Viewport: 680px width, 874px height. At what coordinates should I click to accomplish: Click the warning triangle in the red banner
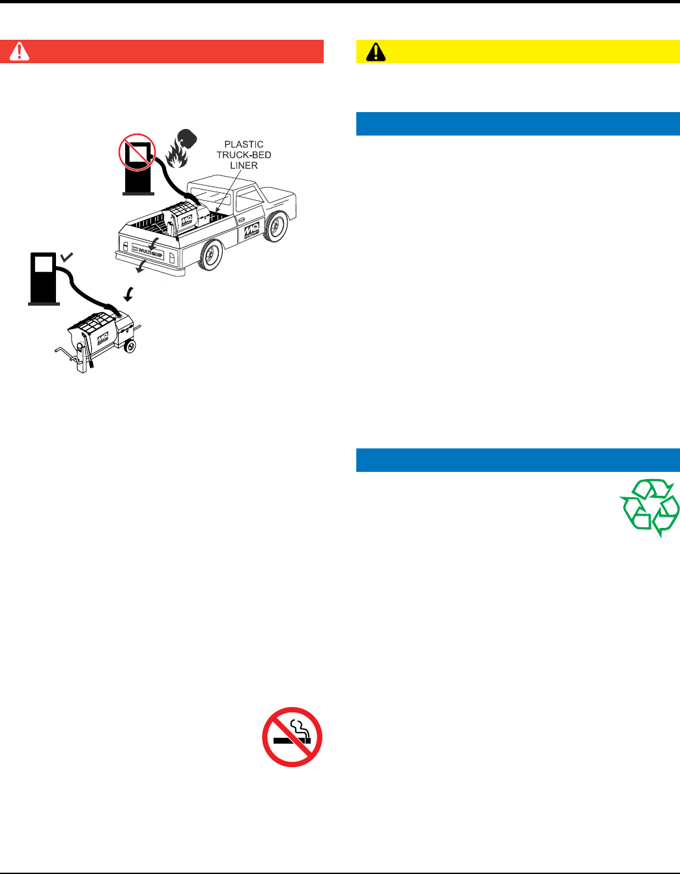(19, 51)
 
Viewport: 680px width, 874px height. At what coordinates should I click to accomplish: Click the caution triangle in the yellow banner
(376, 52)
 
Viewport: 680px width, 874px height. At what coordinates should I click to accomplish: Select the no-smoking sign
(292, 736)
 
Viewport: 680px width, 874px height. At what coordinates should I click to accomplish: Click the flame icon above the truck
(176, 156)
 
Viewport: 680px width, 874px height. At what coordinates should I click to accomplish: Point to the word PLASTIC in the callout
(244, 144)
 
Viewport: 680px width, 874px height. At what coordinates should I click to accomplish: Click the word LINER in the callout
(244, 166)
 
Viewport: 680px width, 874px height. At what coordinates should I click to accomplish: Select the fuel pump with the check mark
(44, 279)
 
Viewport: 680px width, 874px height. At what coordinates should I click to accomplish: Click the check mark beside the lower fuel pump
(66, 258)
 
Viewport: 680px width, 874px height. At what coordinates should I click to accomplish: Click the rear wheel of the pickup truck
(211, 255)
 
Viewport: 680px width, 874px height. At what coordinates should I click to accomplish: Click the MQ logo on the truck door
(251, 232)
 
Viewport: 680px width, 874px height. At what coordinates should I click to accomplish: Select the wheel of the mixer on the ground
(130, 345)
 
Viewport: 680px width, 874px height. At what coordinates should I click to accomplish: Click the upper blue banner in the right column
(518, 124)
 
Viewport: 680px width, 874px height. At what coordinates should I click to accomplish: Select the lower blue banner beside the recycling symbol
(518, 460)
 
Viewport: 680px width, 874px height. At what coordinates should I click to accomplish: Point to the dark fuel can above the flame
(188, 138)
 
